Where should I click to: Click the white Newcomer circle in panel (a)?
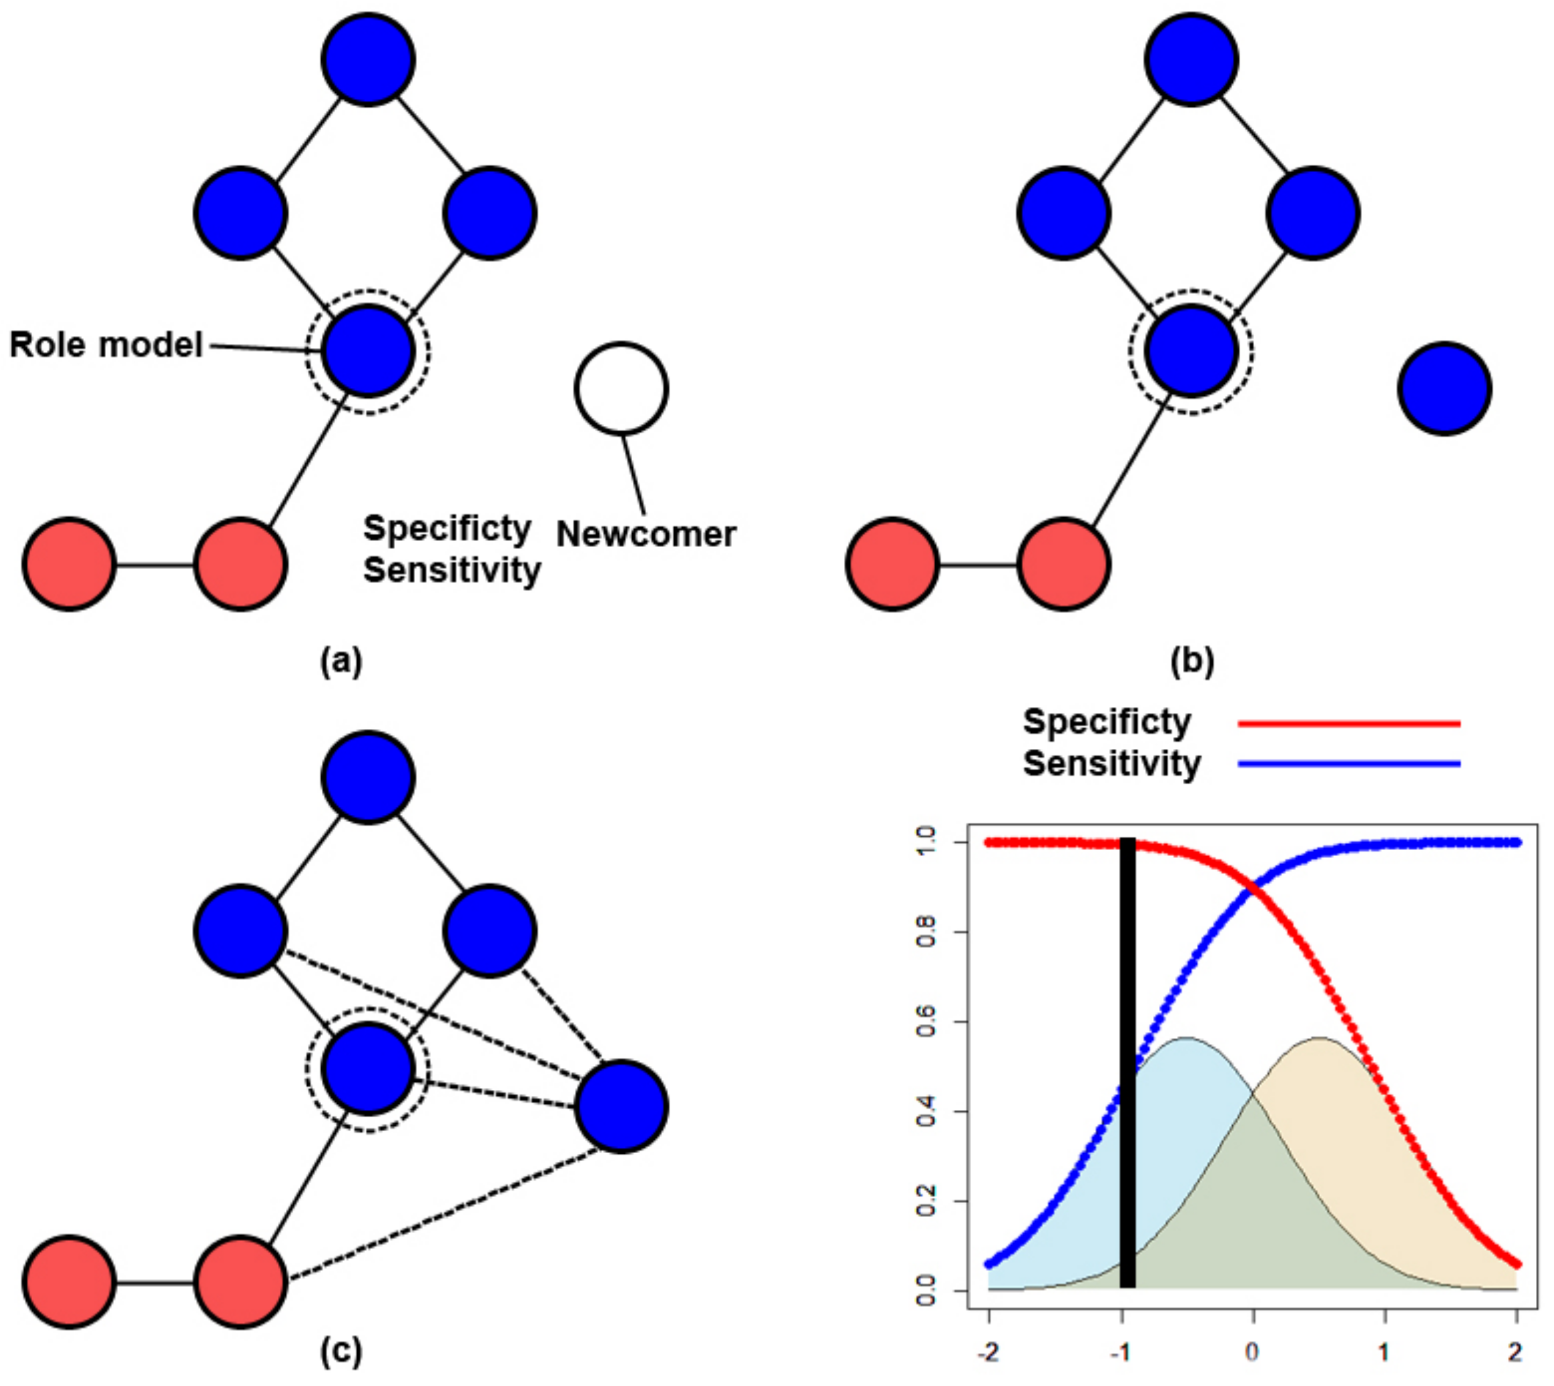tap(621, 388)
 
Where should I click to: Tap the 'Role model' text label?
tap(106, 345)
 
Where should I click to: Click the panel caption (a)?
tap(341, 660)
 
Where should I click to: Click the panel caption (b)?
tap(1192, 660)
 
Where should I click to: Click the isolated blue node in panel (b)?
tap(1445, 388)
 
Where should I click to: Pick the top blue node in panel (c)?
tap(368, 777)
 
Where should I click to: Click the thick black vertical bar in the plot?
tap(1128, 1066)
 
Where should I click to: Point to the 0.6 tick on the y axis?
tap(927, 1021)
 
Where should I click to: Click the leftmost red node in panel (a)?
tap(69, 564)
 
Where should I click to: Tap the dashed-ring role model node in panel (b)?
tap(1192, 351)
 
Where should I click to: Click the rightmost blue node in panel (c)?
tap(621, 1107)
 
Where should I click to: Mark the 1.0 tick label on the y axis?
tap(927, 842)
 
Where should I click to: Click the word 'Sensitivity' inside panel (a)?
tap(452, 570)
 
